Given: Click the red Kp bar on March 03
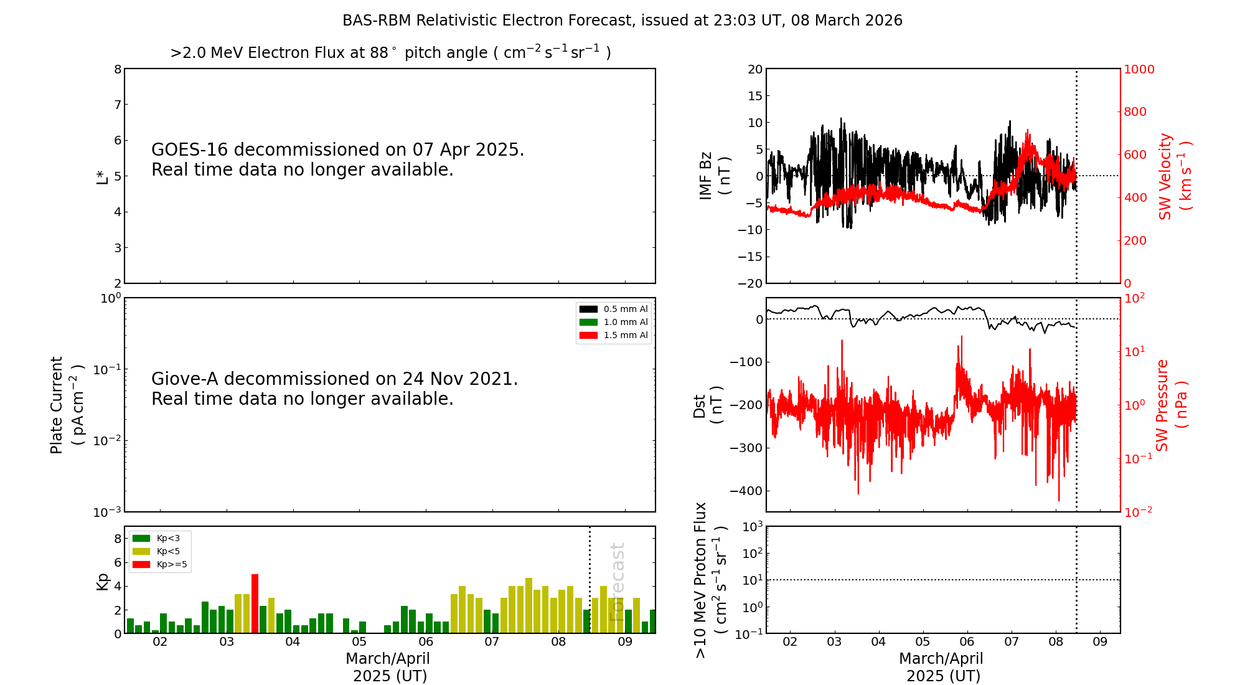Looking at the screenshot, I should coord(255,603).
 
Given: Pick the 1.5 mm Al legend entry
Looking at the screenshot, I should coord(614,335).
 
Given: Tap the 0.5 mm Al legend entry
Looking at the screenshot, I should coord(614,309).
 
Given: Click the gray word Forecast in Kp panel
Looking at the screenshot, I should coord(617,582).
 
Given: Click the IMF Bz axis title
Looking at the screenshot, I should coord(715,176).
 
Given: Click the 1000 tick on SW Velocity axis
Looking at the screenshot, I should coord(1139,69).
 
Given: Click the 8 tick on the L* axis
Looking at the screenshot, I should coord(118,69).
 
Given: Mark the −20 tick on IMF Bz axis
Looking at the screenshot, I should coord(750,283).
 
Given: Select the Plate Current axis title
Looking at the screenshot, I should coord(66,405).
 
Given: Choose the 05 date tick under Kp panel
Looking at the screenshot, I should coord(359,642).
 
